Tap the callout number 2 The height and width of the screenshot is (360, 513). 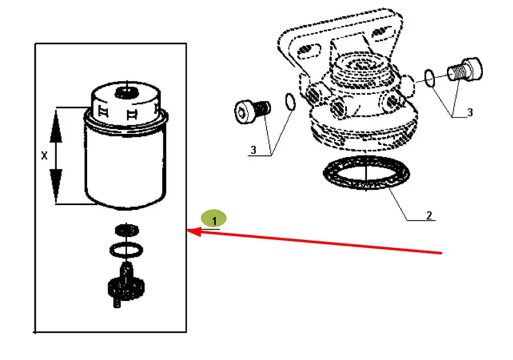(429, 215)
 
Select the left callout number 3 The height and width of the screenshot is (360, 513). (253, 150)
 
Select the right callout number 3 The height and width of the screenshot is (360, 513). (469, 112)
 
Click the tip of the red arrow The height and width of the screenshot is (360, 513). (189, 232)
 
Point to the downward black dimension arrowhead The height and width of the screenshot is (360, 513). (56, 185)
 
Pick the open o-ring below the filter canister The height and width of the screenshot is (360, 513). (126, 250)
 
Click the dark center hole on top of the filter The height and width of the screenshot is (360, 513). (125, 92)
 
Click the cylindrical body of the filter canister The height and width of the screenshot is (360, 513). (125, 164)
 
